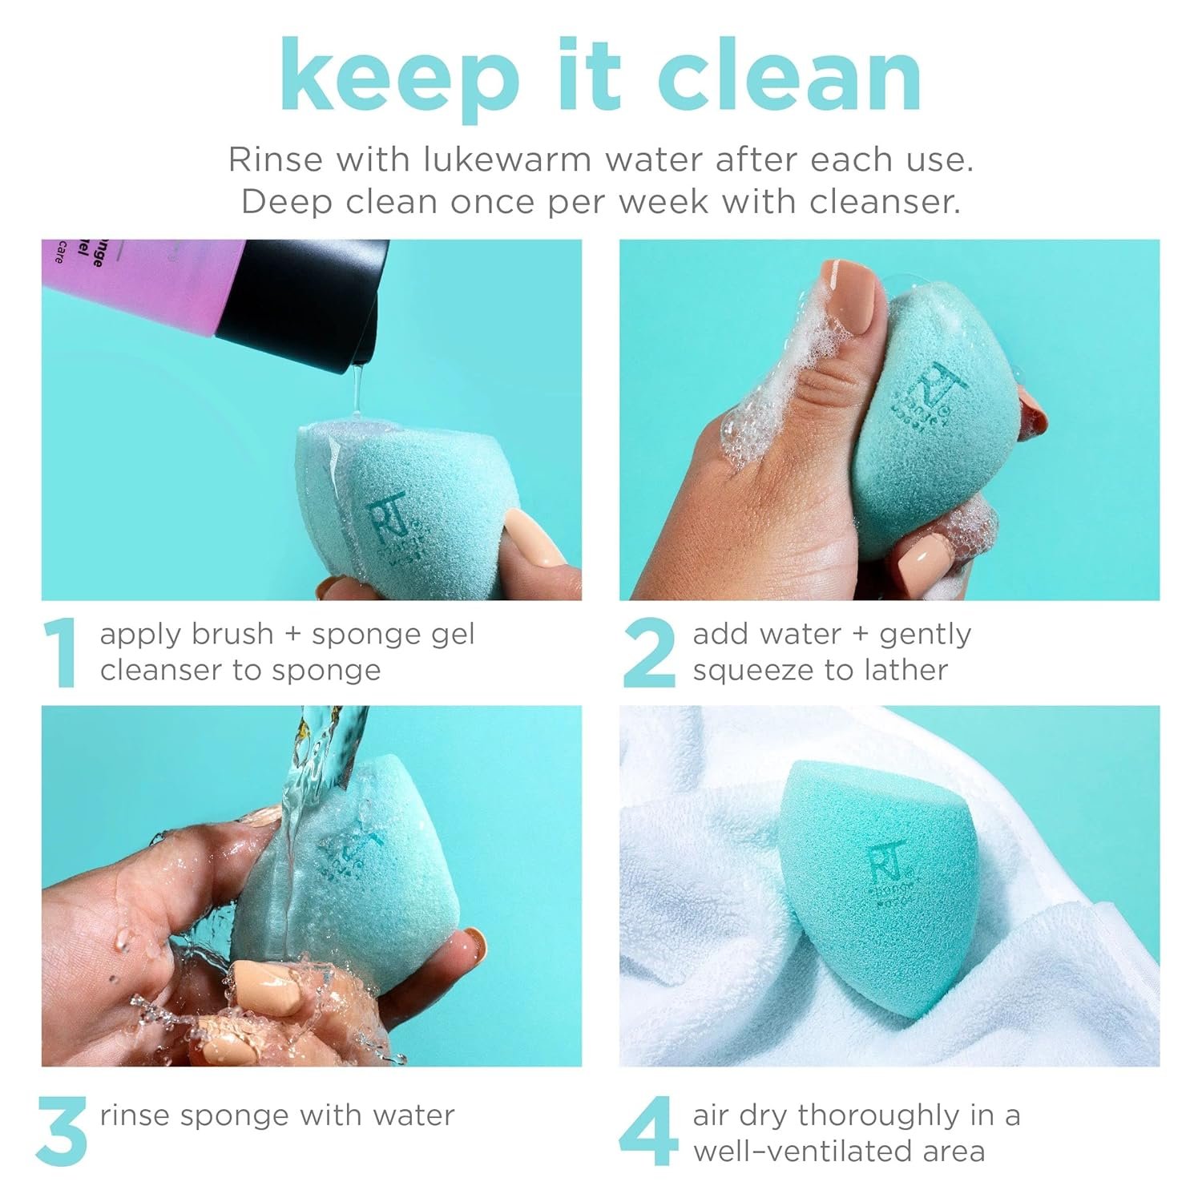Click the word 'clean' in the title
tap(789, 76)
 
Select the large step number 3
tap(63, 1132)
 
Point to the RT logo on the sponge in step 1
tap(383, 517)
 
